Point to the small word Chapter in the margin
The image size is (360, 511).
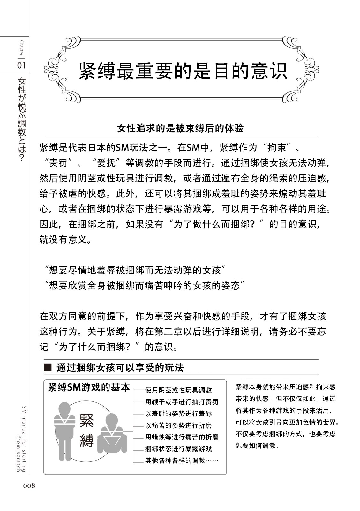(x=21, y=48)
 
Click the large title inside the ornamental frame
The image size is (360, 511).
(x=184, y=70)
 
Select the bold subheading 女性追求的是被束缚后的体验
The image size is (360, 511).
(x=180, y=128)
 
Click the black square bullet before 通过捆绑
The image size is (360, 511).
(x=48, y=368)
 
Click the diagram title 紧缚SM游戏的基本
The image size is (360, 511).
(x=89, y=387)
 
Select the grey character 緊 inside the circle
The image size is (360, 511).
(x=86, y=420)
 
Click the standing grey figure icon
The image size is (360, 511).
(x=65, y=430)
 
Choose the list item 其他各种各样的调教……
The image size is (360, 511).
(x=182, y=461)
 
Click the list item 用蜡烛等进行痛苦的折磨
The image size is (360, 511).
(x=182, y=437)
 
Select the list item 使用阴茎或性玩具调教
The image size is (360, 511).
(x=178, y=390)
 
